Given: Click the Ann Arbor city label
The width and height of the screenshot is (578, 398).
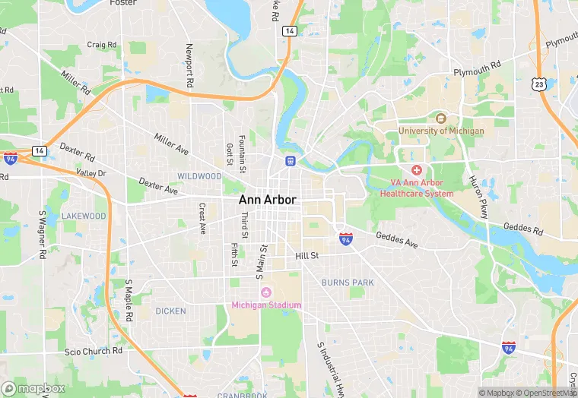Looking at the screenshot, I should (268, 200).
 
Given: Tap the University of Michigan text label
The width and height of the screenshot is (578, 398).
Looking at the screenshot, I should (441, 131).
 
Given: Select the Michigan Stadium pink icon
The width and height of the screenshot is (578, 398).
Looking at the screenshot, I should (266, 292).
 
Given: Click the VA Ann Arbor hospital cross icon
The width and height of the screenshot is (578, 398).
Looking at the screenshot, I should (416, 170).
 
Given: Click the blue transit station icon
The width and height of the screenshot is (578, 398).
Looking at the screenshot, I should (289, 161).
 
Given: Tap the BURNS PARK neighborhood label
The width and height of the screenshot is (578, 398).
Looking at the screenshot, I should (348, 283).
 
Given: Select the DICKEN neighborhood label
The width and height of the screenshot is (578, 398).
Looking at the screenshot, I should (170, 311).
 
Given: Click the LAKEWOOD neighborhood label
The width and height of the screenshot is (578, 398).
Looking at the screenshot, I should (84, 216).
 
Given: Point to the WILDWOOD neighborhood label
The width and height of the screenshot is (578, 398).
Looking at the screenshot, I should (199, 176).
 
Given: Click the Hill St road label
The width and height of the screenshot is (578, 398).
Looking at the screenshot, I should (306, 257).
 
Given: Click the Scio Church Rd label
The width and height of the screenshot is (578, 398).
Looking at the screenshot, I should (94, 351).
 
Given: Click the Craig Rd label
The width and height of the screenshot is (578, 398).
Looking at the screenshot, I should (102, 45).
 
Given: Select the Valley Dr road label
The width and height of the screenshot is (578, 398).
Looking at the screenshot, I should (91, 173).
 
